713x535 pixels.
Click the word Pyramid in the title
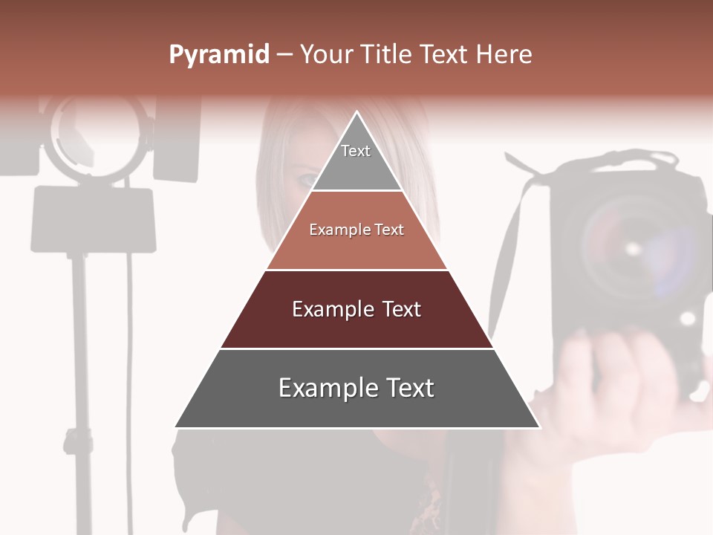[219, 55]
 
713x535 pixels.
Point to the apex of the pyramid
[357, 113]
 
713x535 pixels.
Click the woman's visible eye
[307, 179]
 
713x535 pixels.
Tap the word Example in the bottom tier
[325, 389]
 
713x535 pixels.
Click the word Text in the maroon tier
[401, 309]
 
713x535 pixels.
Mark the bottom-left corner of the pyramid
[175, 427]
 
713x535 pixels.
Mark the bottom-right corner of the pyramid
[539, 427]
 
